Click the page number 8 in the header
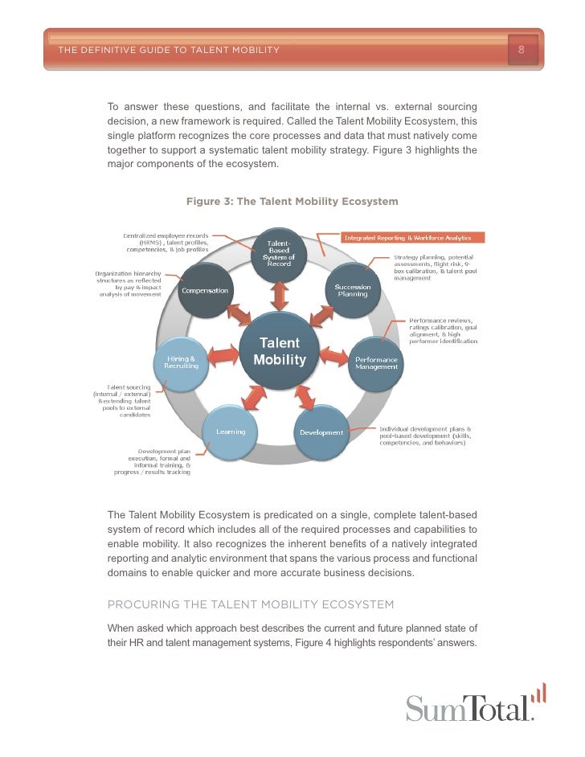pyautogui.click(x=521, y=50)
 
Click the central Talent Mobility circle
pyautogui.click(x=280, y=351)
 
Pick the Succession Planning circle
pyautogui.click(x=352, y=290)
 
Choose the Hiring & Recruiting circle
pyautogui.click(x=180, y=362)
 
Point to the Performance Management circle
pyautogui.click(x=376, y=362)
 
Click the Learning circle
pyautogui.click(x=230, y=432)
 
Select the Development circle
pyautogui.click(x=321, y=432)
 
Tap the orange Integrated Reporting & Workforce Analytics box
pyautogui.click(x=414, y=238)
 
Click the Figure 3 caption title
pyautogui.click(x=292, y=201)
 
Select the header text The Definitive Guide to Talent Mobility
pyautogui.click(x=169, y=50)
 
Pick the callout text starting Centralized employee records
pyautogui.click(x=166, y=243)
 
